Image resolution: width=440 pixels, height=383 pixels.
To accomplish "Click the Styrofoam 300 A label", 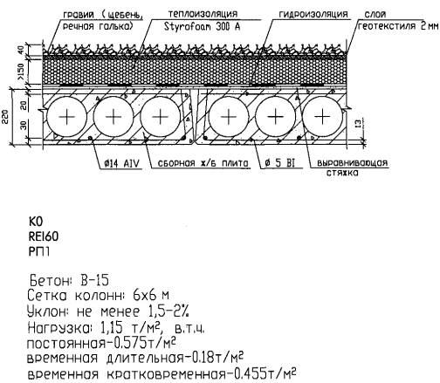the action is point(202,26).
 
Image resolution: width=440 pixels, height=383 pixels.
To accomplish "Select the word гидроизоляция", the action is point(313,14).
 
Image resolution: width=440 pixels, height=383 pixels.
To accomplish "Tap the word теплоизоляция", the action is point(203,13).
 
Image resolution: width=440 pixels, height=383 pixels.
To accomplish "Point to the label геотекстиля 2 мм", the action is point(398,26).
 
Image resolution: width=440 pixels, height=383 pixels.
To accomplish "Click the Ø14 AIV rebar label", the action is point(122,164).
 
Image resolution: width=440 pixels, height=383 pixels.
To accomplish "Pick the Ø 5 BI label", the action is point(279,163).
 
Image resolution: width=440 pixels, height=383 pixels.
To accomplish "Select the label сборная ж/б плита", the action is point(203,163).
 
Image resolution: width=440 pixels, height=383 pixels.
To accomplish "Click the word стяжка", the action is point(342,173).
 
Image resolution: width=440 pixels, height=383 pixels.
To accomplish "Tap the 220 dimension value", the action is point(5,116).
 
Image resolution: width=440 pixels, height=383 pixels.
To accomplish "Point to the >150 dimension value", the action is point(21,72).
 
